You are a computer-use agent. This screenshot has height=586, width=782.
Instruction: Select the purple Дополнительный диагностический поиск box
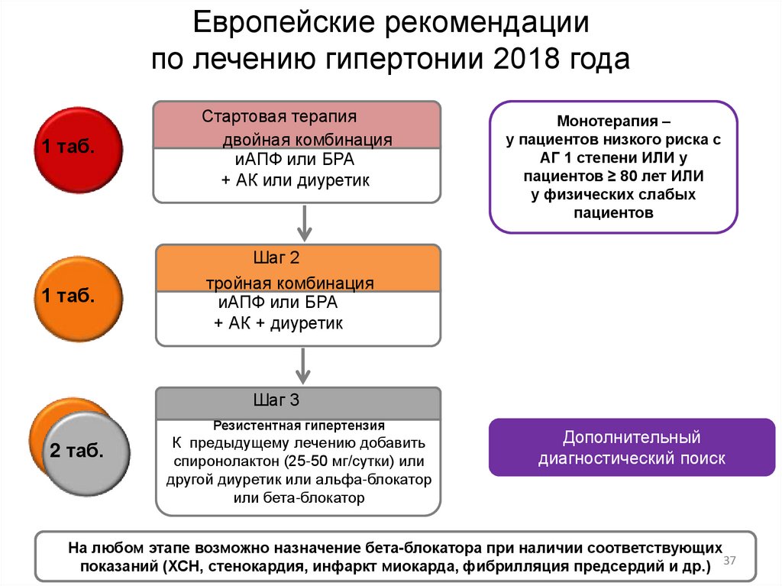pyautogui.click(x=632, y=448)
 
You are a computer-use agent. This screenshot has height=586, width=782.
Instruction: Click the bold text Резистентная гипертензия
pyautogui.click(x=299, y=425)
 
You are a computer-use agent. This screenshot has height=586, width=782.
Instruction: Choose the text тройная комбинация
pyautogui.click(x=289, y=283)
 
